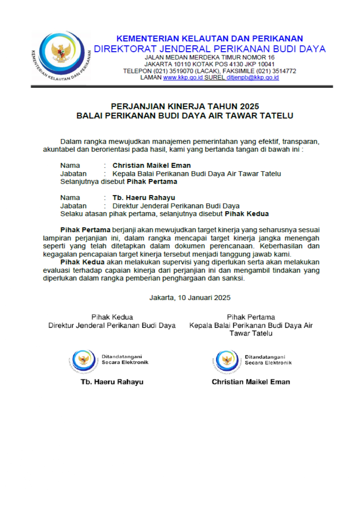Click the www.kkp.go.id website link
tap(183, 78)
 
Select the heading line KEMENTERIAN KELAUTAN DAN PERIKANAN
tap(209, 39)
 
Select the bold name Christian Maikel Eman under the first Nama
tap(151, 166)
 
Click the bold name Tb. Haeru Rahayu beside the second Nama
tap(144, 198)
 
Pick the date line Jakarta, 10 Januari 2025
tap(190, 298)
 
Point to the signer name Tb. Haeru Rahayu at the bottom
tap(112, 382)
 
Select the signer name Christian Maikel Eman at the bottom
tap(251, 382)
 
